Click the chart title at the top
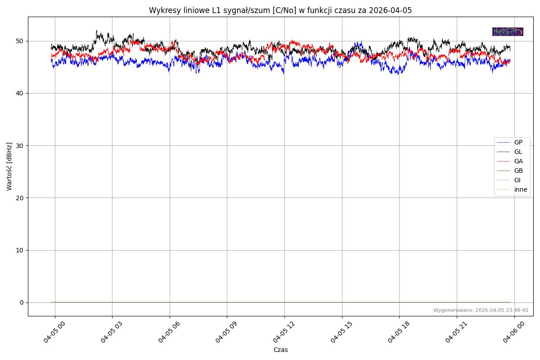(280, 10)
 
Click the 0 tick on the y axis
(22, 302)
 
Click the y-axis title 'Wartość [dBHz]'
(9, 166)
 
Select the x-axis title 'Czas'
(280, 350)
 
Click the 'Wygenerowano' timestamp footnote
(481, 310)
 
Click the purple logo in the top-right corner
(508, 31)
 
